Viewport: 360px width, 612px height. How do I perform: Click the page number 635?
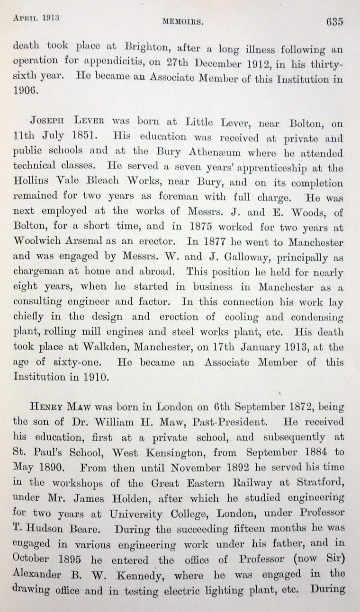333,22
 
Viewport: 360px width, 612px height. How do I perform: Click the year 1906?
25,93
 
